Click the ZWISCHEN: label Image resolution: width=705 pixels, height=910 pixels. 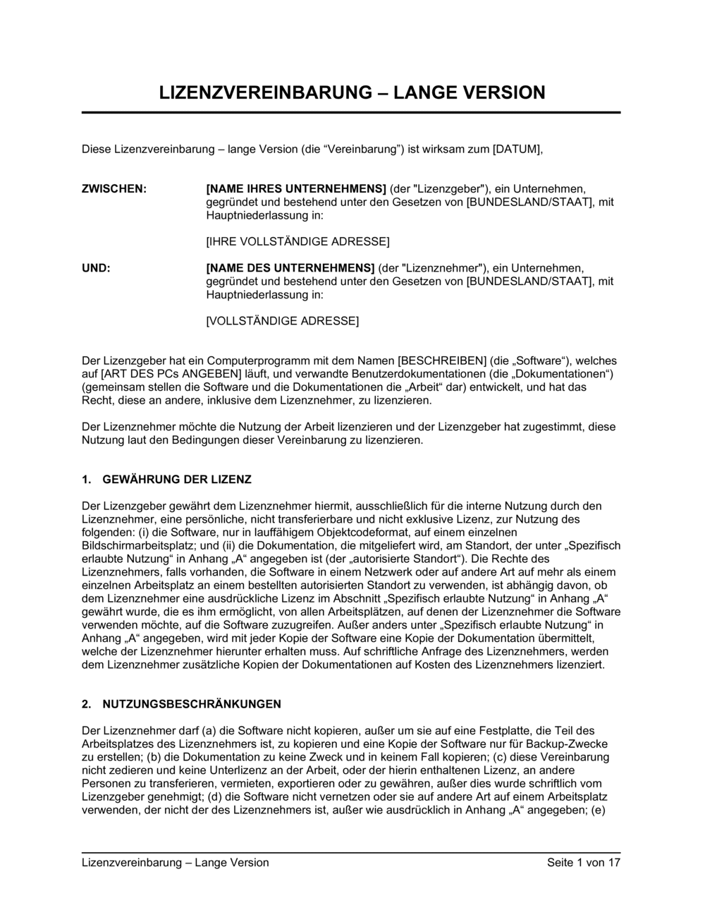point(114,189)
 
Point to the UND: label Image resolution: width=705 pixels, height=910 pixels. point(97,268)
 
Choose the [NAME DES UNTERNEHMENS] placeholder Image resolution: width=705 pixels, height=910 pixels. point(290,268)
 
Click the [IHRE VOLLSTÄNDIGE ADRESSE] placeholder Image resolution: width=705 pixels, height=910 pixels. point(298,242)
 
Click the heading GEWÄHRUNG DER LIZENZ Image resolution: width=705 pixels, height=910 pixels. point(177,480)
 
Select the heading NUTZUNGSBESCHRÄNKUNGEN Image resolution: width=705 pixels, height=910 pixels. point(192,704)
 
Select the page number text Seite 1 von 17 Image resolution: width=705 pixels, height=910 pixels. point(583,862)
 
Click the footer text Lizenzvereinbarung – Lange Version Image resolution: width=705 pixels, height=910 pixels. point(176,862)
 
